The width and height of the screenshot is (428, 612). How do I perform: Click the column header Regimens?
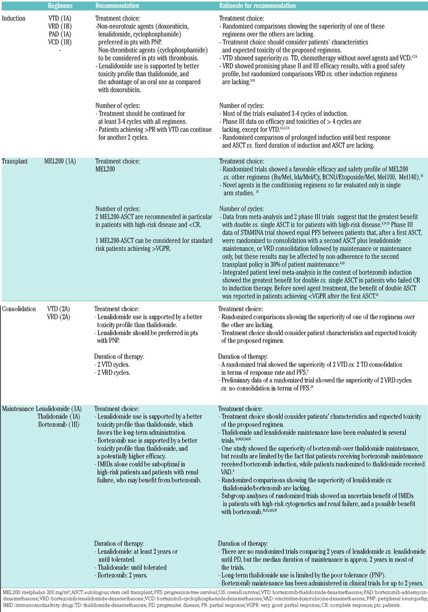click(x=61, y=6)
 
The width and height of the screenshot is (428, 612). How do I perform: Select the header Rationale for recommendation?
click(x=254, y=6)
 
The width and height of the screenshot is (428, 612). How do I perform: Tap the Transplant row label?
click(x=16, y=162)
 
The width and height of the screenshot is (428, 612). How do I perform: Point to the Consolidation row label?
click(x=19, y=309)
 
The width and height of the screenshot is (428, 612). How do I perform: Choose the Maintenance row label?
click(x=18, y=409)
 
